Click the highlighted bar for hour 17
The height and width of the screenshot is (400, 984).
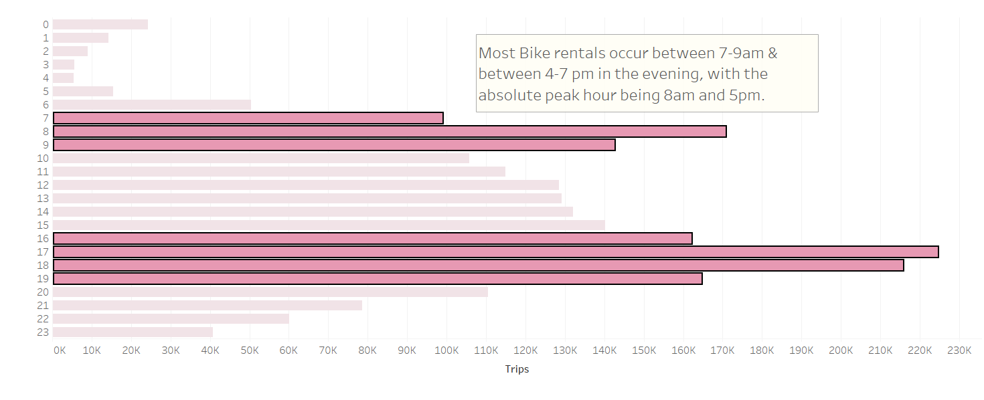click(x=495, y=252)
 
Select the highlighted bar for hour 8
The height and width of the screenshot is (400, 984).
click(x=390, y=131)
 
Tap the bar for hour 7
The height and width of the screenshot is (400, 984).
click(x=248, y=118)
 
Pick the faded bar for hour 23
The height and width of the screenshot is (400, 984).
click(x=133, y=332)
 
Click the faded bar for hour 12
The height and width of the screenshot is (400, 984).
click(x=305, y=185)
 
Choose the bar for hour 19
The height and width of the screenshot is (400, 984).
click(x=378, y=278)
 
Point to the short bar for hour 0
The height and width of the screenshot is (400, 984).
click(x=100, y=24)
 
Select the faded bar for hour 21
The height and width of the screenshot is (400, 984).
click(x=208, y=305)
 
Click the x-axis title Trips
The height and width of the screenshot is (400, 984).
click(x=517, y=369)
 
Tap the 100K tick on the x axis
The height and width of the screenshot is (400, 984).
click(x=446, y=351)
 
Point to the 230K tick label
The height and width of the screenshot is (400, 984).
click(x=959, y=351)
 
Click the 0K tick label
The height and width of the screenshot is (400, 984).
click(x=59, y=351)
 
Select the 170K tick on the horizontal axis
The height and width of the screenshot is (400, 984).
click(x=722, y=351)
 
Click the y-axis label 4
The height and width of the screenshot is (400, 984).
click(x=46, y=78)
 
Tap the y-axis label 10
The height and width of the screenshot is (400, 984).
click(x=43, y=158)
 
